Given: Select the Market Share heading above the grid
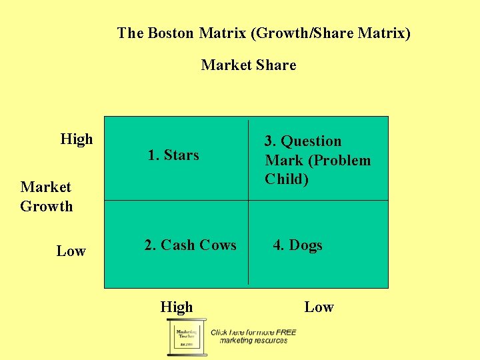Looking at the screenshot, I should point(248,65).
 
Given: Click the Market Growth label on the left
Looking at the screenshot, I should point(46,197).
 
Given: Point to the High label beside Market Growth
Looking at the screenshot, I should point(77,139).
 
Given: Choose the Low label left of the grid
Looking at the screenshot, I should point(71,251).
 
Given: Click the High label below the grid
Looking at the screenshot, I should point(177,307).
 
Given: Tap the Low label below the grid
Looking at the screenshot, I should point(319,307).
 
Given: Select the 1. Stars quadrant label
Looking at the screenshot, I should point(173,155).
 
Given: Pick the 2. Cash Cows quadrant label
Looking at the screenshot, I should point(191,245).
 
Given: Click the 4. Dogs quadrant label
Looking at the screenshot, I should point(297,245).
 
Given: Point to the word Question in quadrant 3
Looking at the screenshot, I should point(311,141).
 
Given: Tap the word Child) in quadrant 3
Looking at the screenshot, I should point(287,179).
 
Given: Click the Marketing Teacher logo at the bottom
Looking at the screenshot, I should point(184,336).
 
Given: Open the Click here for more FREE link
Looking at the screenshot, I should point(253,332).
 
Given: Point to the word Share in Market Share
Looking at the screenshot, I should point(276,65).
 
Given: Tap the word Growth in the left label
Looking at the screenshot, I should point(46,206).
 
